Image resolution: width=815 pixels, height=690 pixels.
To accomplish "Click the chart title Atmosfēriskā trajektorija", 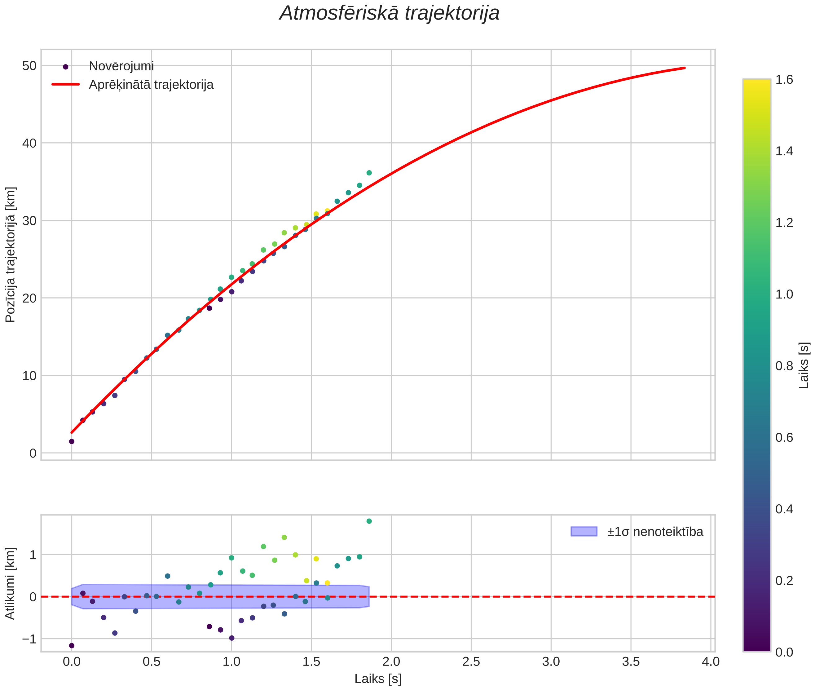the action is click(x=389, y=13).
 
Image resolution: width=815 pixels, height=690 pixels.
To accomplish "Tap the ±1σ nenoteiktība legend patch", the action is click(x=584, y=532).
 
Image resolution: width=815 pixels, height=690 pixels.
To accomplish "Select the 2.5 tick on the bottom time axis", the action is click(x=471, y=662).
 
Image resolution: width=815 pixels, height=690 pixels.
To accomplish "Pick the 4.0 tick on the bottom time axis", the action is click(x=711, y=662).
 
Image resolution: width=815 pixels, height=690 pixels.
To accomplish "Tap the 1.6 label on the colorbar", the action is click(x=784, y=80).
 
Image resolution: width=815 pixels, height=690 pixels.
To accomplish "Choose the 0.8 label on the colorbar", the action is click(x=784, y=366).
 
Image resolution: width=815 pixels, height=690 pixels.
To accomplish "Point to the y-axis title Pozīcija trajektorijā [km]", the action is click(x=11, y=255).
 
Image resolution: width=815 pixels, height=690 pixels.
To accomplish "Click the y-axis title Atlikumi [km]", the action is click(x=11, y=583).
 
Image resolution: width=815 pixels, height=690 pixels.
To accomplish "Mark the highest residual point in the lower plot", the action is click(x=369, y=521).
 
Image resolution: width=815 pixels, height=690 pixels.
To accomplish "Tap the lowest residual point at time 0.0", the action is click(x=72, y=645).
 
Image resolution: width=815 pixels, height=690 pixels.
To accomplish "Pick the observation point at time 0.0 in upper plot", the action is click(x=72, y=441).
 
